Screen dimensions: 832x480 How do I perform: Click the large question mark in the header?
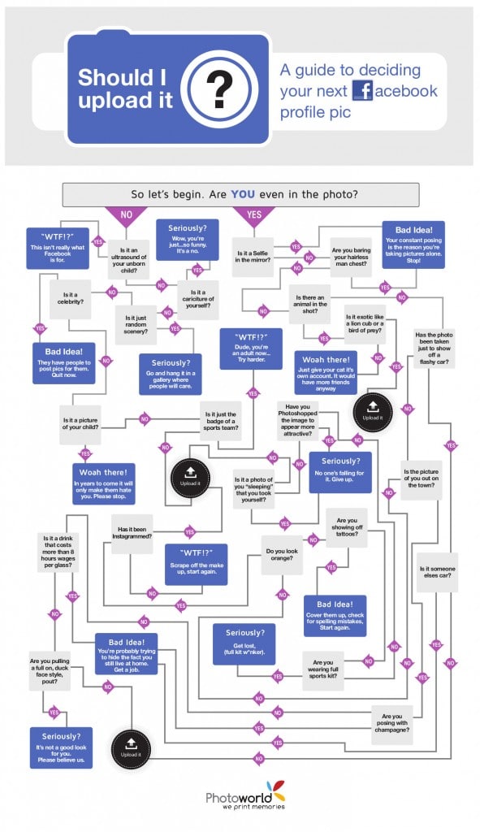[218, 90]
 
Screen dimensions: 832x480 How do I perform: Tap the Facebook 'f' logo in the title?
[362, 91]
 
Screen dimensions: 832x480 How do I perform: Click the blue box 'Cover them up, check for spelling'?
[335, 616]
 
